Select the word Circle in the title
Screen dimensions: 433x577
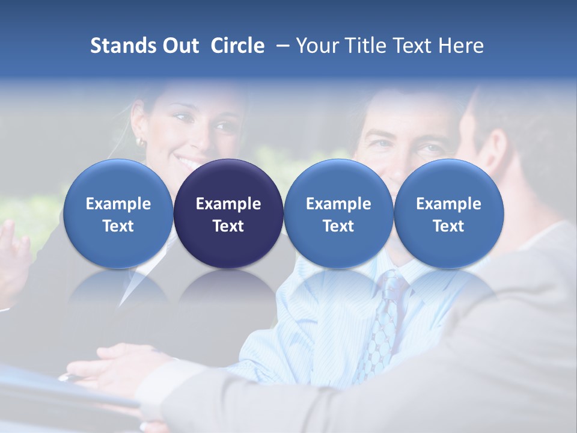237,46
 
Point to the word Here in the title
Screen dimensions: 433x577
461,46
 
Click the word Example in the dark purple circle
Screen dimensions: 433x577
228,204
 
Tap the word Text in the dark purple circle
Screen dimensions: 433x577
228,226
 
